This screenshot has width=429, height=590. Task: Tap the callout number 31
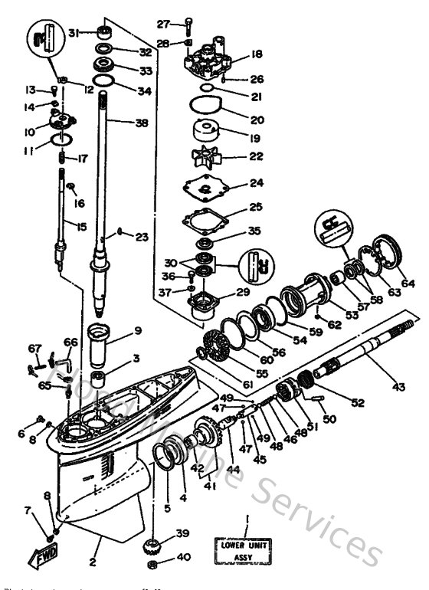point(74,32)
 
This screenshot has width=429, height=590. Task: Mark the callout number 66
point(70,342)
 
